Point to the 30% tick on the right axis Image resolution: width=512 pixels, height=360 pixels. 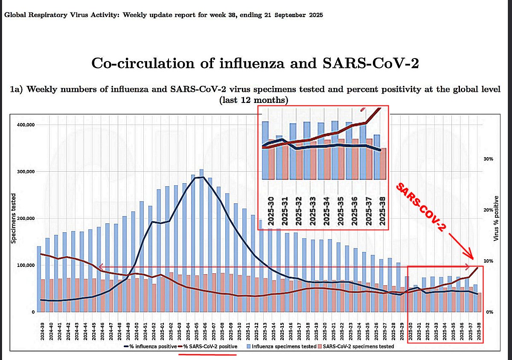(487, 158)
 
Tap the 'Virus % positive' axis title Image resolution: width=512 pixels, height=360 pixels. (496, 218)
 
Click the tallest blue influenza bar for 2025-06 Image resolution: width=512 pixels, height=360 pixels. (201, 239)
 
